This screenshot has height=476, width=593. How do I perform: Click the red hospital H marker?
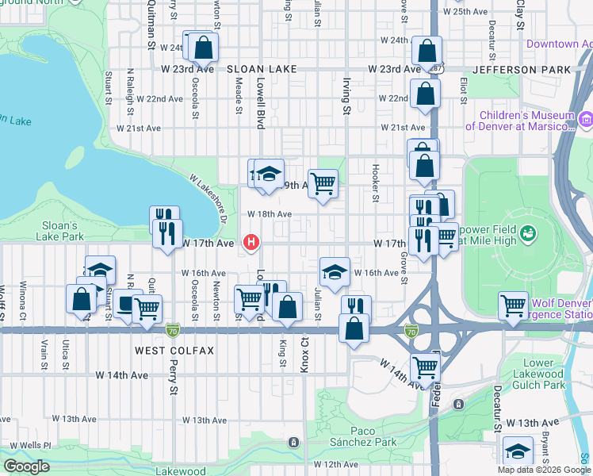252,242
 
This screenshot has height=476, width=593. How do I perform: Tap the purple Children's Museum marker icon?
586,120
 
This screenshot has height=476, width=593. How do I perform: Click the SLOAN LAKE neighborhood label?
255,70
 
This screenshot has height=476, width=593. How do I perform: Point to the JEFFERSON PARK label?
522,70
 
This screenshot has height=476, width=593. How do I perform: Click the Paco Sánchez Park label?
363,436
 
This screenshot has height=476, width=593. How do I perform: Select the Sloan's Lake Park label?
62,231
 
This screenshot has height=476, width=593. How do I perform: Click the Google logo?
25,466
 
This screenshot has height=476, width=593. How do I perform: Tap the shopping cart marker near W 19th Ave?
323,183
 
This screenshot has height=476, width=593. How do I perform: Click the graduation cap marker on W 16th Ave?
335,271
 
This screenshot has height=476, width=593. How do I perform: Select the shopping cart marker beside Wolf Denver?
513,304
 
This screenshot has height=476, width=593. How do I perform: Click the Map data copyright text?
544,470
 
